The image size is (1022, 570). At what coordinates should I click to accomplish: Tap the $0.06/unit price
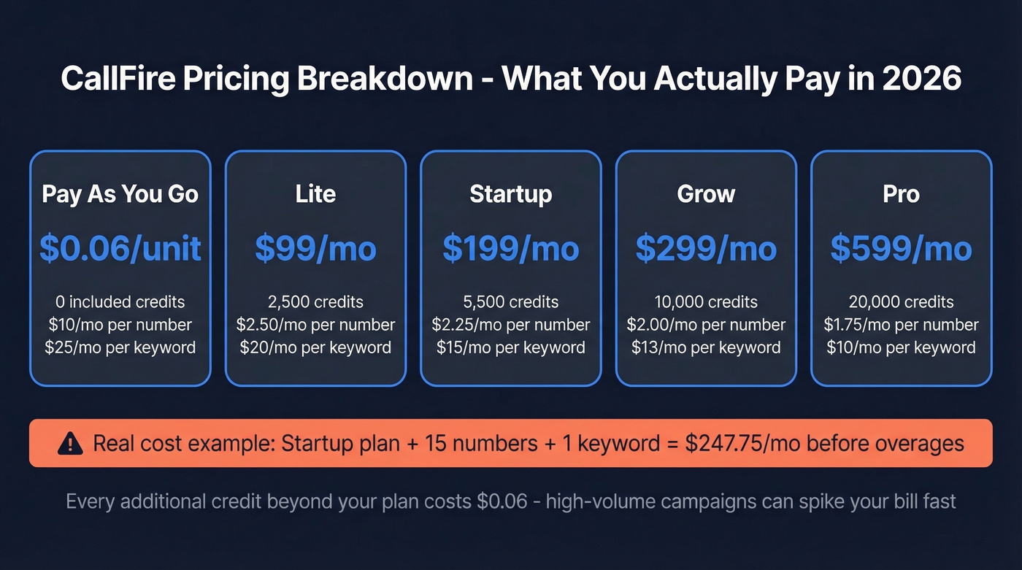(120, 248)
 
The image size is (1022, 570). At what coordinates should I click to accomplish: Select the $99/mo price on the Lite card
(315, 248)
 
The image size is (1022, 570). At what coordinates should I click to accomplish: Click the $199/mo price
(511, 248)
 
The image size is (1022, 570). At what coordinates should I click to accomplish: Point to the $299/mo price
(706, 248)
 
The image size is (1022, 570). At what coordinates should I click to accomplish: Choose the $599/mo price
(902, 248)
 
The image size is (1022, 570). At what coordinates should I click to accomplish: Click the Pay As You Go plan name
(120, 194)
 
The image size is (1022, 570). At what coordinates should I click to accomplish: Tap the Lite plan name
(315, 194)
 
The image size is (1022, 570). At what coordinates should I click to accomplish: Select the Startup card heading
(511, 194)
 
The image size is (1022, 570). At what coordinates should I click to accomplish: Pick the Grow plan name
(706, 194)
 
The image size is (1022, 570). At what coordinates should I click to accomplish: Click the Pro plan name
(902, 194)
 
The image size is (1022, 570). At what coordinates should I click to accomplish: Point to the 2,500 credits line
(315, 302)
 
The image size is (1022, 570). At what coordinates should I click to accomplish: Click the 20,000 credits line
(902, 302)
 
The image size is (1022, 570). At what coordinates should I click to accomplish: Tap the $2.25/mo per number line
(511, 325)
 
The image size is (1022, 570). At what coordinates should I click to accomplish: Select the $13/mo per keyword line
(706, 347)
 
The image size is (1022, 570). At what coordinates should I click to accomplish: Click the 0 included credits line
(120, 302)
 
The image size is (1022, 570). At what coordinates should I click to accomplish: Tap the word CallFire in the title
(117, 79)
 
